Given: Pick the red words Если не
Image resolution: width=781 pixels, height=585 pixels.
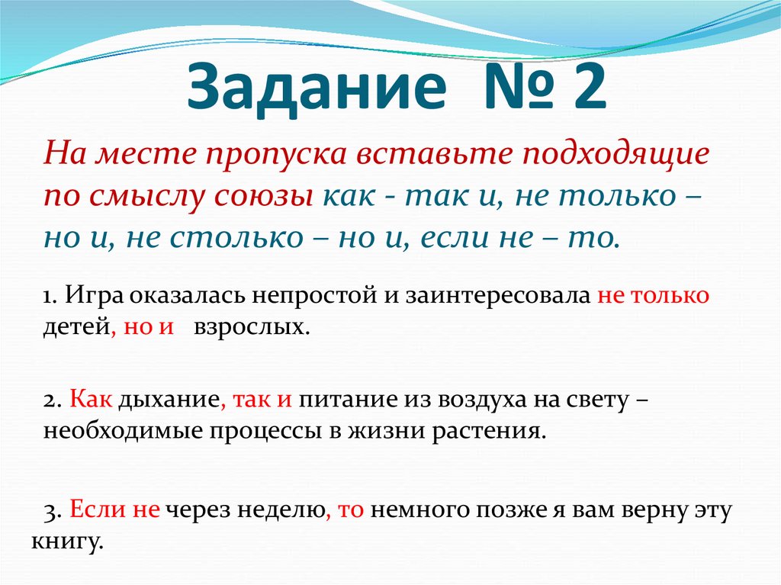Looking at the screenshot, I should point(114,510).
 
